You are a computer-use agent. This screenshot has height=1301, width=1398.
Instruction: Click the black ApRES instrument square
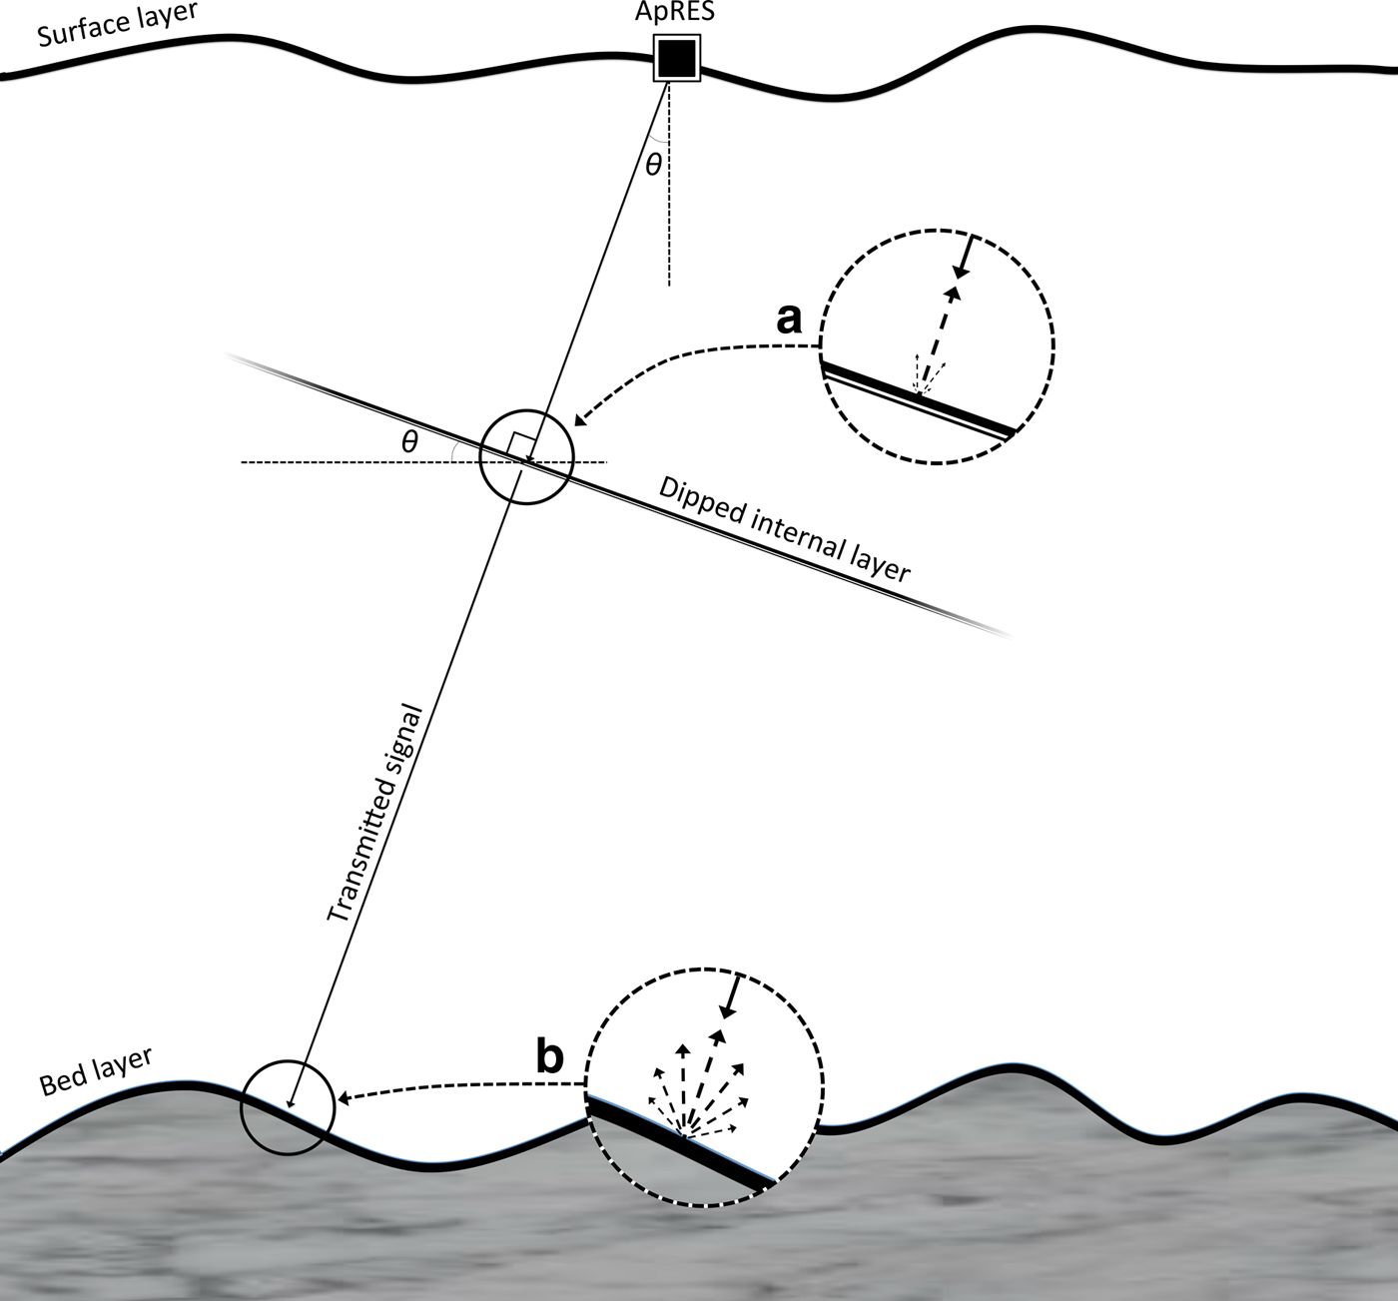(676, 58)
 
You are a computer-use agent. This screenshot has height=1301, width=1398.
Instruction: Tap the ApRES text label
(674, 12)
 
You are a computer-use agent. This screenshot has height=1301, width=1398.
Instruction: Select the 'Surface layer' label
(117, 24)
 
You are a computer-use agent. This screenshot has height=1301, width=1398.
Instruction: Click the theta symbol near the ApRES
(654, 164)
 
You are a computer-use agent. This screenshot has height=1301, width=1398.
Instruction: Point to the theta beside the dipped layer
(409, 441)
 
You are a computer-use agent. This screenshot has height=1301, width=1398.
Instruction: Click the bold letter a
(789, 319)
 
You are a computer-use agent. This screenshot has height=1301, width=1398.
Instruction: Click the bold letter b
(550, 1056)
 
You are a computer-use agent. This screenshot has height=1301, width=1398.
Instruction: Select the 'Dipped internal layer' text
(784, 529)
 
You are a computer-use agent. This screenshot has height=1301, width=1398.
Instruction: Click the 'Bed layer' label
(96, 1070)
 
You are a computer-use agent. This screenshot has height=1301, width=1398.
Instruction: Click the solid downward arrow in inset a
(965, 258)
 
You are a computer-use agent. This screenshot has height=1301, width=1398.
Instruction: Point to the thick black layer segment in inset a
(918, 396)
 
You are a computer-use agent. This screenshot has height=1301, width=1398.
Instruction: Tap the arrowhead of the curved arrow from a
(581, 419)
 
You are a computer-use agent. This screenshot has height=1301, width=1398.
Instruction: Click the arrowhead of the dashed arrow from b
(345, 1097)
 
